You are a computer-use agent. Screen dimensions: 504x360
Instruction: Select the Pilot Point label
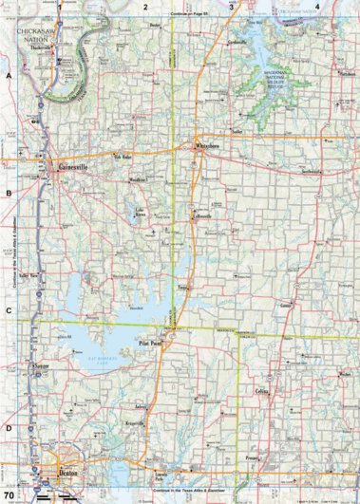click(151, 345)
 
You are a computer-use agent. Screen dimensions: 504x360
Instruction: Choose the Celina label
click(262, 391)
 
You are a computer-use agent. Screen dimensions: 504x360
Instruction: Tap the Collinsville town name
click(203, 216)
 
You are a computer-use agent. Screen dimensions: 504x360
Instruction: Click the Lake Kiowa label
click(141, 213)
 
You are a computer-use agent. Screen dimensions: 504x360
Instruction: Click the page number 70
click(9, 495)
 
